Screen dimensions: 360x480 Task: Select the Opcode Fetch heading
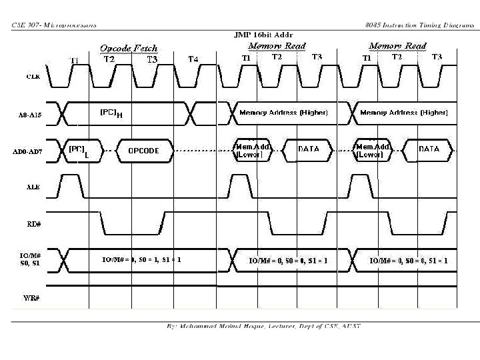tap(129, 48)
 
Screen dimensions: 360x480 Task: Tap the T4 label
tap(193, 59)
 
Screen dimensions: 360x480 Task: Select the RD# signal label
tap(34, 225)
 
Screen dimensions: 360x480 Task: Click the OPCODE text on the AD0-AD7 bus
tap(143, 150)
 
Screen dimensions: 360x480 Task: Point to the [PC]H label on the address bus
tap(110, 113)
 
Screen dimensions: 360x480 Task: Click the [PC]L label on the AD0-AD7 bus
tap(78, 151)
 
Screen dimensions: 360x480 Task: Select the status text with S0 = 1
tap(141, 259)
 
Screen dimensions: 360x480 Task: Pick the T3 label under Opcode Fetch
tap(153, 59)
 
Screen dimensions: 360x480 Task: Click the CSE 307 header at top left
tap(54, 25)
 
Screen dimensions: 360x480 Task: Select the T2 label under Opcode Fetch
tap(110, 59)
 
